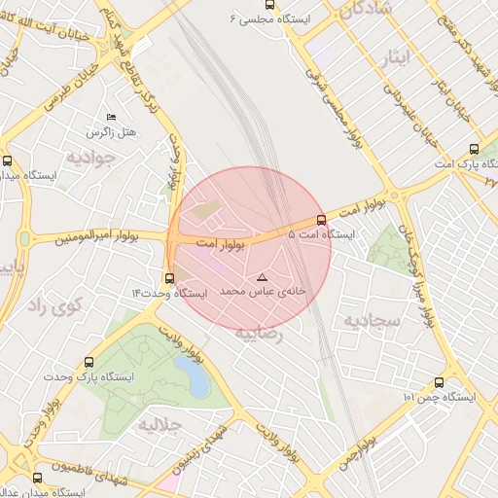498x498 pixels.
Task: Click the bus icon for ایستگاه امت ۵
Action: pos(322,220)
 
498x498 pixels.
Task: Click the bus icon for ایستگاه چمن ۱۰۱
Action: pos(439,382)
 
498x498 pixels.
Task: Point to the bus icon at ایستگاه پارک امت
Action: pos(474,149)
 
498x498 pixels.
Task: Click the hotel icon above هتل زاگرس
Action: pos(109,116)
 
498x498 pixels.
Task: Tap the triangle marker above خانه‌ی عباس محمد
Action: pos(261,278)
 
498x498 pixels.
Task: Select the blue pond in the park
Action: pos(197,382)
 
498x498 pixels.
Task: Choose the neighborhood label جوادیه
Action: pos(90,157)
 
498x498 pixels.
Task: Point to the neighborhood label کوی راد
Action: pos(51,306)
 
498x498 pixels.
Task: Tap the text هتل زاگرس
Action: pos(113,131)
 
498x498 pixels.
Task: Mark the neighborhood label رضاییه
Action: pos(258,334)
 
